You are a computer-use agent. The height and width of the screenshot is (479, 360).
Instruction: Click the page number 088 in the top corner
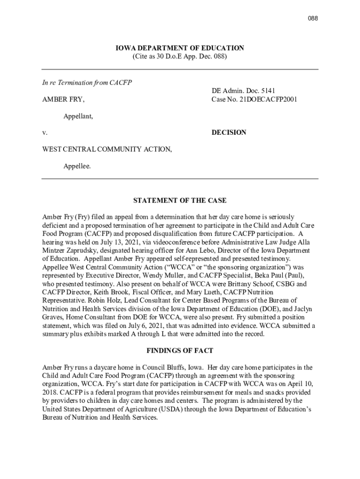(312, 18)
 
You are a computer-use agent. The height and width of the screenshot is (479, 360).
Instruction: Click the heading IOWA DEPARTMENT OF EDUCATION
(180, 48)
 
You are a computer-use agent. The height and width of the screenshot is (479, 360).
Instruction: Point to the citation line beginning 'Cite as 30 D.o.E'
(180, 57)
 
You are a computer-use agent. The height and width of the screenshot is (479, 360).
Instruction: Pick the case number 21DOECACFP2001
(270, 100)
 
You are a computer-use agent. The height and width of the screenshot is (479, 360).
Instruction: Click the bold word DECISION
(229, 132)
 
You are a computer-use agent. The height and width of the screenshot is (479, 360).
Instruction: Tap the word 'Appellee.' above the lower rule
(77, 166)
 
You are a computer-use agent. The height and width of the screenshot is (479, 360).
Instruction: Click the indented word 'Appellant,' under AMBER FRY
(78, 116)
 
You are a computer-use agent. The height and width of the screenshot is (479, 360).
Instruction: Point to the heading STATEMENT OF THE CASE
(180, 201)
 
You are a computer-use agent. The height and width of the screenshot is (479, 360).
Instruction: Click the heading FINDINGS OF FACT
(180, 350)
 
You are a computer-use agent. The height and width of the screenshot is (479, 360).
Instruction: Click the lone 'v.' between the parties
(45, 133)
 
